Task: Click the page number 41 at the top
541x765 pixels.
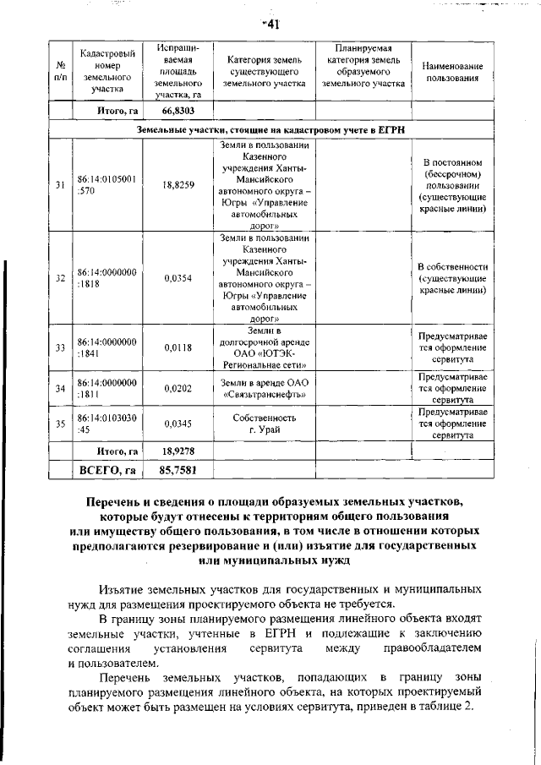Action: point(271,25)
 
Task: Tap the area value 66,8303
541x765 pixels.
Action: point(178,110)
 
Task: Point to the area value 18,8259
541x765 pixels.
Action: point(178,185)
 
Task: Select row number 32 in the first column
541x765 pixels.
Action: point(61,277)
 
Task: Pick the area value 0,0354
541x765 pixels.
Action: point(178,277)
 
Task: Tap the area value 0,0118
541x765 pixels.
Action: point(178,347)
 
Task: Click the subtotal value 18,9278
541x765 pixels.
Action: point(178,452)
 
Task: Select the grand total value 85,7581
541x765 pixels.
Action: point(178,470)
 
